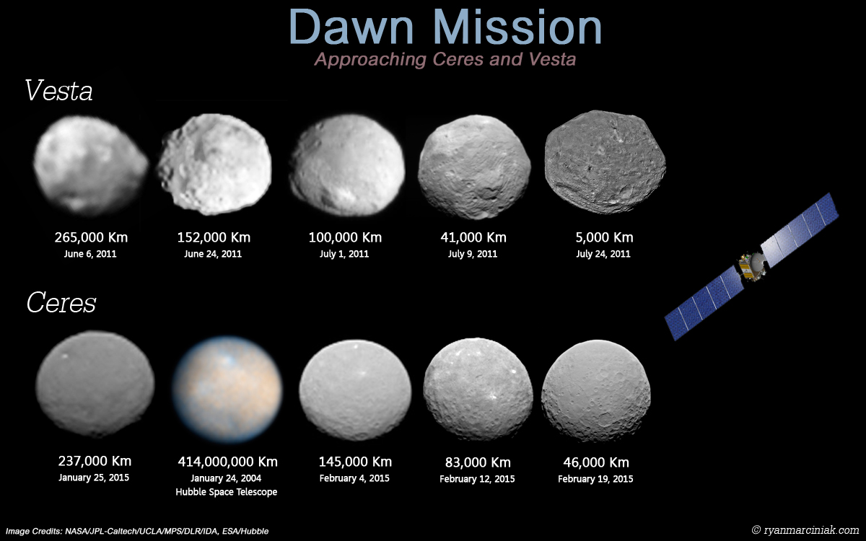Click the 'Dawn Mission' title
click(445, 27)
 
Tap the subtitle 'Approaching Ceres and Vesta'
click(445, 59)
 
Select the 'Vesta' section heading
click(58, 90)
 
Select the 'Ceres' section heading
click(61, 302)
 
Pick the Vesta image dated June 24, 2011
click(214, 164)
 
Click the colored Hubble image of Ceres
click(227, 389)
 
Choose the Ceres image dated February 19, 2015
click(596, 390)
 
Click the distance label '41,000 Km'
click(473, 237)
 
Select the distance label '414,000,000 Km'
click(228, 462)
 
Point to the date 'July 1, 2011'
click(344, 254)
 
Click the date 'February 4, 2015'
click(354, 478)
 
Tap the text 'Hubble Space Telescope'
click(226, 492)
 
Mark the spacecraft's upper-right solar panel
click(800, 230)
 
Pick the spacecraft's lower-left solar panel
click(704, 304)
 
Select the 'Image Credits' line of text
click(137, 532)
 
